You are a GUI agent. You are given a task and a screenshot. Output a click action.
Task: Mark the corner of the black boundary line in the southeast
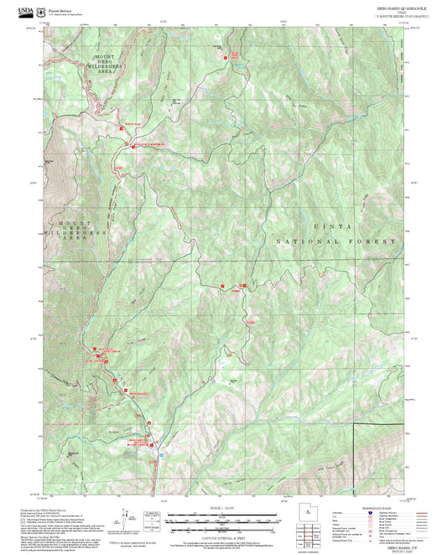351,425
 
